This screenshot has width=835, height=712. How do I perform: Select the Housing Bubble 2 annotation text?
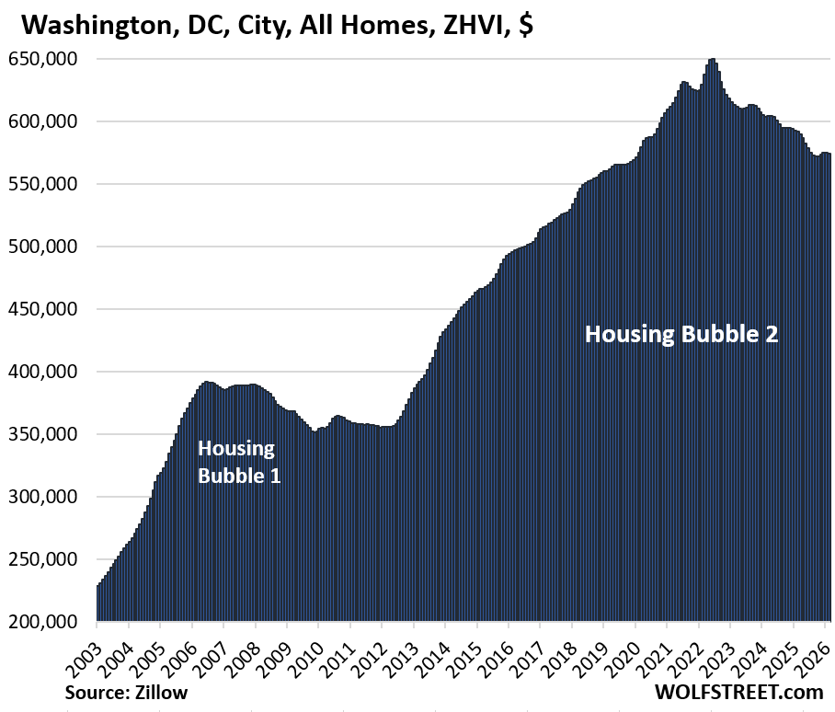click(x=681, y=333)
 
